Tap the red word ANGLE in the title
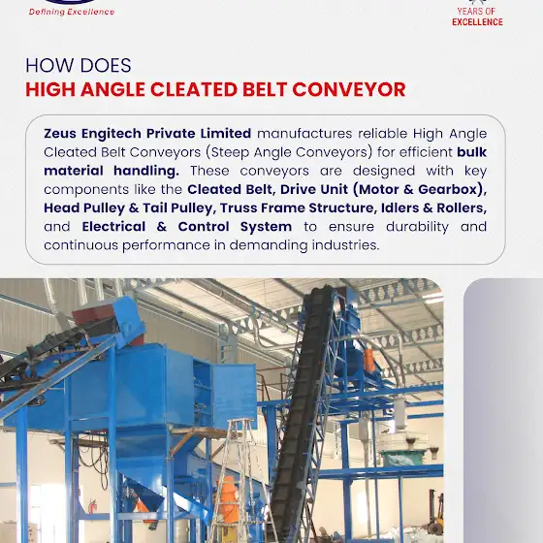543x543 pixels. [x=112, y=89]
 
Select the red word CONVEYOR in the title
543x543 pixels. [x=349, y=89]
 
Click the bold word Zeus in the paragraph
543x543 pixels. [x=60, y=134]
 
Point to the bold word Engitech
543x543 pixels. [x=112, y=134]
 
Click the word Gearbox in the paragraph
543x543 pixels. [x=448, y=189]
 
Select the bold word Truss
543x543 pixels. [x=239, y=208]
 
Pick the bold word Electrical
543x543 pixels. [x=113, y=227]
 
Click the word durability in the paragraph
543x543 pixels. [x=417, y=227]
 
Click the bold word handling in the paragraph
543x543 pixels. [x=146, y=171]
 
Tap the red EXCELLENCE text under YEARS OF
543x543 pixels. [x=477, y=21]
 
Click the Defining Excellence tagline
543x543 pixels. [x=72, y=12]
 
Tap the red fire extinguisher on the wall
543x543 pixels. [x=92, y=507]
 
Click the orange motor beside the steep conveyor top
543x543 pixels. [x=368, y=360]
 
